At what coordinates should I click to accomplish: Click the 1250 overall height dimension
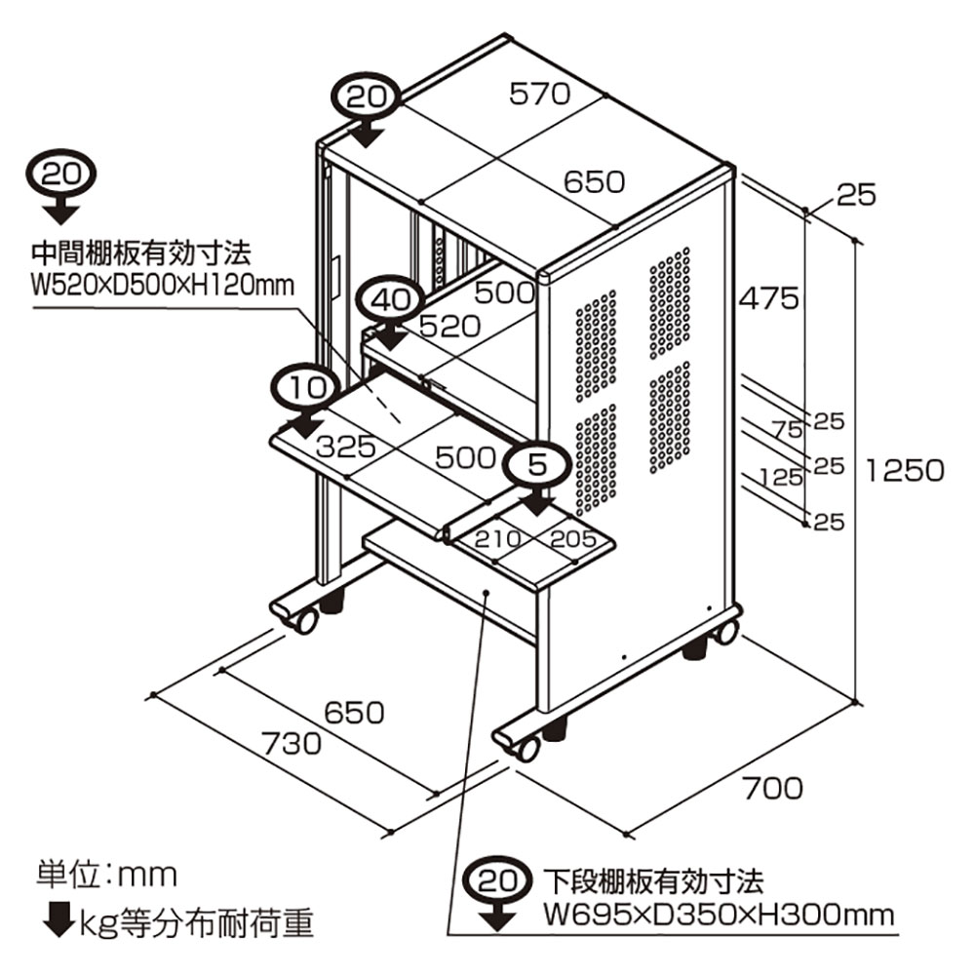[x=904, y=470]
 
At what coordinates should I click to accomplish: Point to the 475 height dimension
[x=767, y=297]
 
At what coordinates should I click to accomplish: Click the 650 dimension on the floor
[x=353, y=712]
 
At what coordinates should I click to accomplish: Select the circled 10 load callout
[x=307, y=386]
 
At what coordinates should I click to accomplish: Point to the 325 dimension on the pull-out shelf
[x=345, y=448]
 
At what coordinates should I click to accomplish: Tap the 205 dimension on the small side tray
[x=573, y=537]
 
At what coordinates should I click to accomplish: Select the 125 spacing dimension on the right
[x=781, y=477]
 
